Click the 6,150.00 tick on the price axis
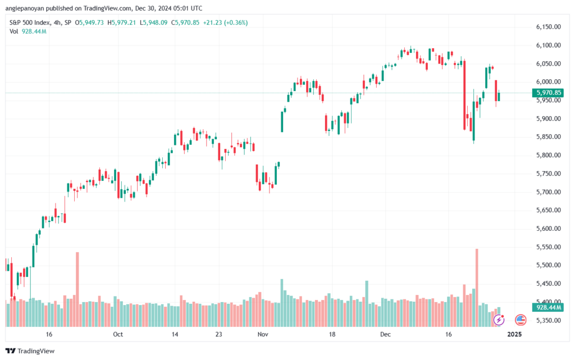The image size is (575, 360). point(547,27)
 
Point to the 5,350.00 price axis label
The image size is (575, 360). point(547,321)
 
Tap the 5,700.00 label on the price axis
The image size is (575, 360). point(547,192)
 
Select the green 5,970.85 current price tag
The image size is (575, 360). point(549,93)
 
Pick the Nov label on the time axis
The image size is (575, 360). point(262,334)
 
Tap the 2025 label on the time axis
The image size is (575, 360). point(514,334)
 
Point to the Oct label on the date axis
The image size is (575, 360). point(117,334)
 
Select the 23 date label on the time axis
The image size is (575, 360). point(219,334)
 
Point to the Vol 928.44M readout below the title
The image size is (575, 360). point(28,31)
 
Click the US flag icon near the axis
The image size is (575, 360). point(521,320)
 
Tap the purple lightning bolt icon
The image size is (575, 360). point(499,320)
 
